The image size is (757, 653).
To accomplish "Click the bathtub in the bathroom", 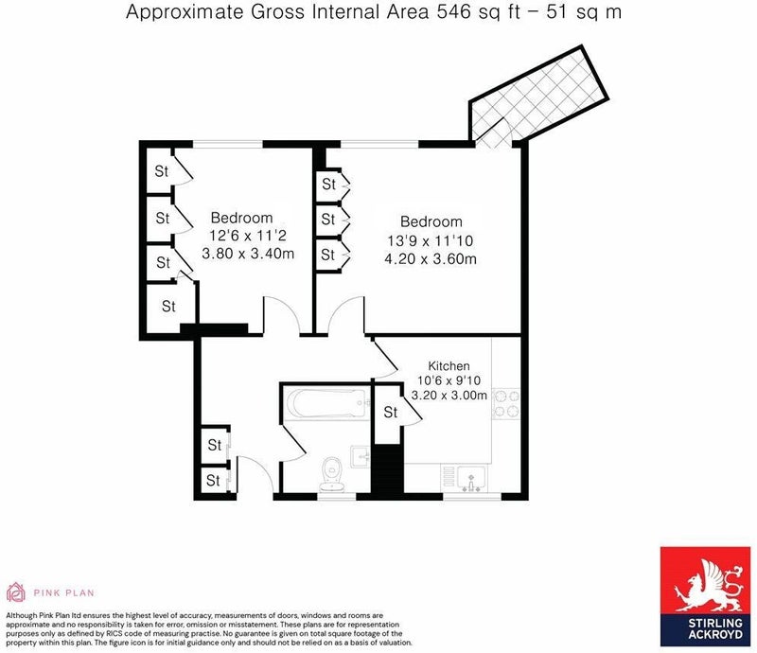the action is (328, 402).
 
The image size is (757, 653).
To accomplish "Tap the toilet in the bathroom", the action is (332, 473).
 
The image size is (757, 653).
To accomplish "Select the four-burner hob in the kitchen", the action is (506, 404).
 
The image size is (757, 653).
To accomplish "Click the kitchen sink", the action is (471, 478).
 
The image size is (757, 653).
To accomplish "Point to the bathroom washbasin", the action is (361, 456).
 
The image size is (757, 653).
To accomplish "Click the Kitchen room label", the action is (449, 366).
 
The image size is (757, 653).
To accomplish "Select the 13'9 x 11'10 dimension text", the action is (431, 240).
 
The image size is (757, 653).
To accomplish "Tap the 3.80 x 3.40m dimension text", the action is (248, 254).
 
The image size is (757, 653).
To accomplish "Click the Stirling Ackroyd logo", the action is (708, 596).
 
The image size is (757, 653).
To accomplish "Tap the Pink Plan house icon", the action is (16, 592).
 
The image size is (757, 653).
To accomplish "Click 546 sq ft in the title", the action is (479, 12).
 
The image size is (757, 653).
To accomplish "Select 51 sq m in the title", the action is (584, 12).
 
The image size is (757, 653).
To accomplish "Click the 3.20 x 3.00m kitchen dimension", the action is (449, 395).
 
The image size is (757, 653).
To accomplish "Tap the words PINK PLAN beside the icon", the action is (63, 592).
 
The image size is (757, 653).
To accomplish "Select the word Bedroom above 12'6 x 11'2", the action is (242, 218).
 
